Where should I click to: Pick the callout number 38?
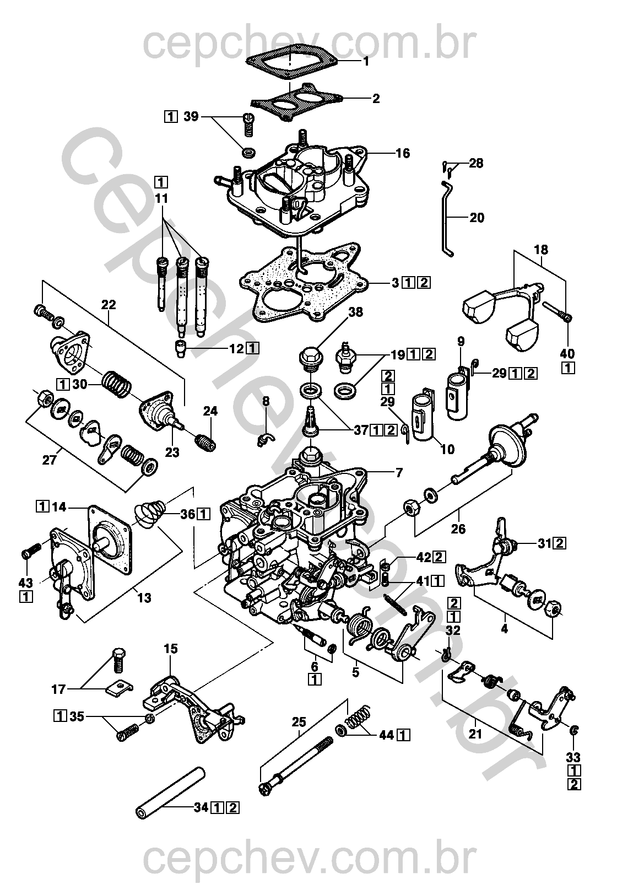pos(356,312)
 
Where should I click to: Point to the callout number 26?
pos(458,529)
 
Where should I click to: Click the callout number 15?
pos(171,649)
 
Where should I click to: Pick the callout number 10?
pos(447,449)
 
